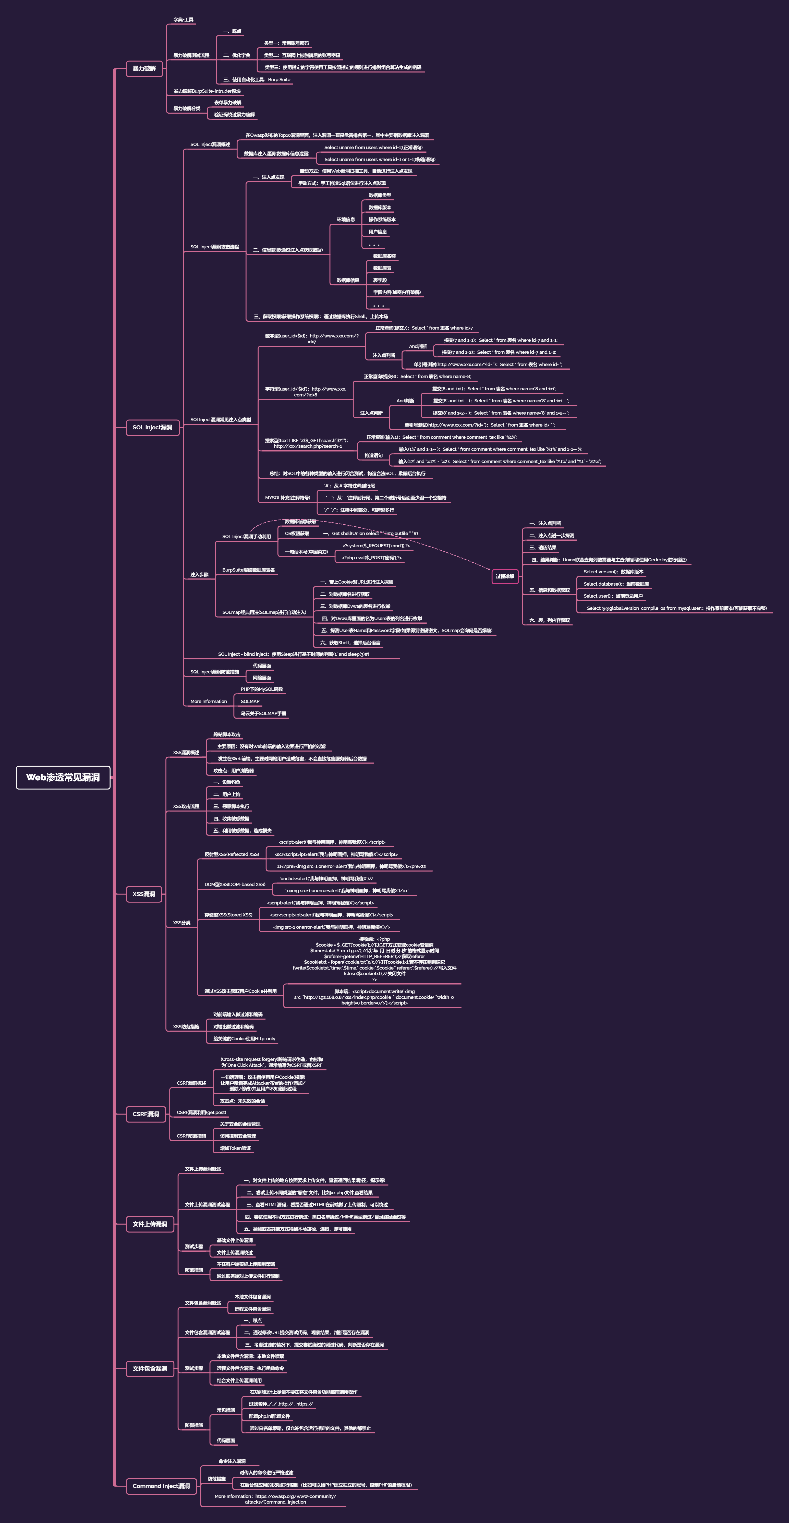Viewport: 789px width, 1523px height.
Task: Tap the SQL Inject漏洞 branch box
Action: pyautogui.click(x=152, y=427)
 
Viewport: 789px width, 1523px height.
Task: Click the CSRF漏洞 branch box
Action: pyautogui.click(x=145, y=1114)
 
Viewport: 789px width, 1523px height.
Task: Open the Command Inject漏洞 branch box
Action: pyautogui.click(x=161, y=1486)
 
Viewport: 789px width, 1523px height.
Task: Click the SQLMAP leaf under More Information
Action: pyautogui.click(x=250, y=701)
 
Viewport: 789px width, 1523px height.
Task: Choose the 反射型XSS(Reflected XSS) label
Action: pyautogui.click(x=232, y=854)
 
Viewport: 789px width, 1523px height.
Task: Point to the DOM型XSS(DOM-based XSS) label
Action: pyautogui.click(x=235, y=885)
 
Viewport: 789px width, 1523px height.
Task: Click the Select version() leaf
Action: pyautogui.click(x=613, y=572)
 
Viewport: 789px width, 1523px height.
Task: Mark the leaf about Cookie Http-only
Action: pyautogui.click(x=244, y=1039)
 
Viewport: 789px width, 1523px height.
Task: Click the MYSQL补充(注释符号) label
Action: pyautogui.click(x=287, y=498)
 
